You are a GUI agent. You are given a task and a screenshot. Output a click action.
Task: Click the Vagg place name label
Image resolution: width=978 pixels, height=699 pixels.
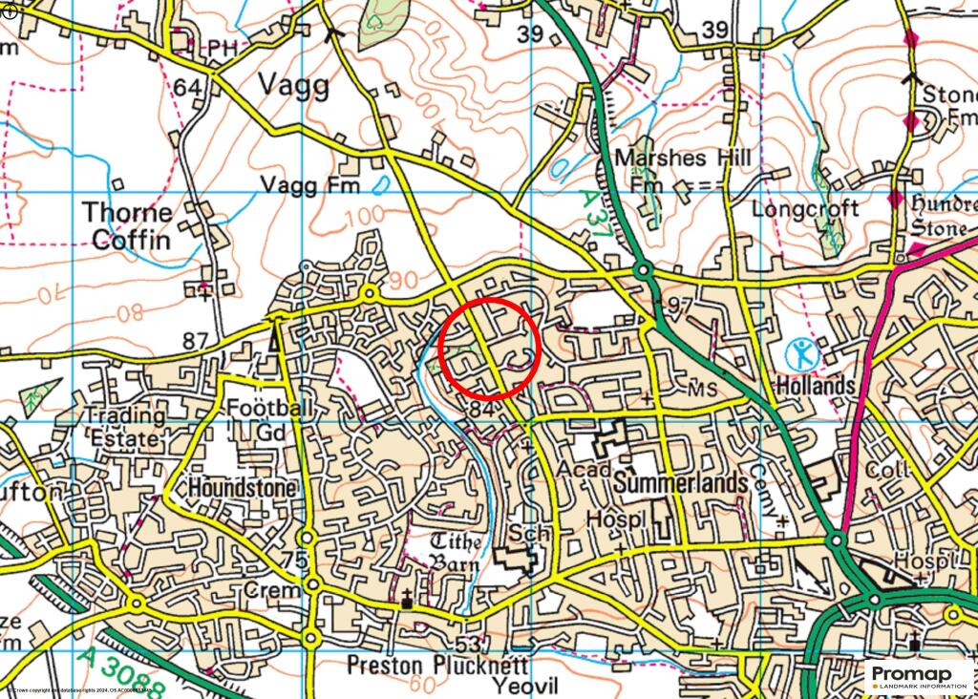click(294, 86)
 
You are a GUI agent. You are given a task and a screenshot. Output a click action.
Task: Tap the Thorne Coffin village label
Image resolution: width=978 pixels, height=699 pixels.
click(127, 225)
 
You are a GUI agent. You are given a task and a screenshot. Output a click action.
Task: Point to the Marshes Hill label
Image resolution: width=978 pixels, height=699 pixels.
click(683, 158)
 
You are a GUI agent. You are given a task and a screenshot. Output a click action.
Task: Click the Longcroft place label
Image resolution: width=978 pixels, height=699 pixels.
click(805, 208)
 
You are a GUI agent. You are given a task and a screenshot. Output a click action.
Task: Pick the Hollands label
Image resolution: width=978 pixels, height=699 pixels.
click(815, 386)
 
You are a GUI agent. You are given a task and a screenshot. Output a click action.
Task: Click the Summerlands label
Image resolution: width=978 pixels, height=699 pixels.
click(681, 483)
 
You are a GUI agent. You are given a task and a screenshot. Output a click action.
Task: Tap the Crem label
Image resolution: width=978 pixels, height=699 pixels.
click(272, 591)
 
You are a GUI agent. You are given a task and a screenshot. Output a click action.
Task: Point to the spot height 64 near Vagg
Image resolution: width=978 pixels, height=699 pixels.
click(189, 87)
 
